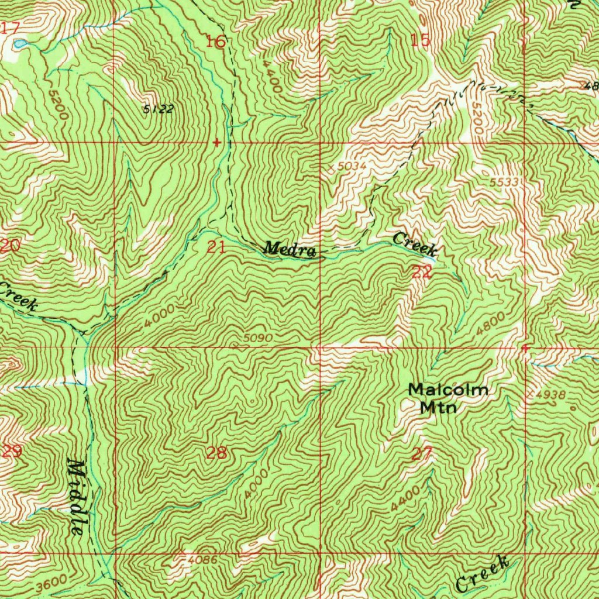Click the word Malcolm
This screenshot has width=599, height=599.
tap(448, 390)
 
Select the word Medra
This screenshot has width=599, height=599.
tap(289, 249)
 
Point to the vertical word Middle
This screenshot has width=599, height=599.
tap(76, 497)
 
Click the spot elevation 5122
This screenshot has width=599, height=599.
tap(159, 109)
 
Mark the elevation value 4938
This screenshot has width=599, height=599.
tap(550, 395)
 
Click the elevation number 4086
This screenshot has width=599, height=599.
tap(203, 560)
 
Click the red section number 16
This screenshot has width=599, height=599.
tap(216, 42)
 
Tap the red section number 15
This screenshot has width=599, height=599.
tap(420, 40)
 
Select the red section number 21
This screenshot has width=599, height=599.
tap(216, 247)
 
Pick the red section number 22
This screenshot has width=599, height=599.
tap(422, 271)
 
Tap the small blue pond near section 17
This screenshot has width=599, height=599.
tap(20, 44)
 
